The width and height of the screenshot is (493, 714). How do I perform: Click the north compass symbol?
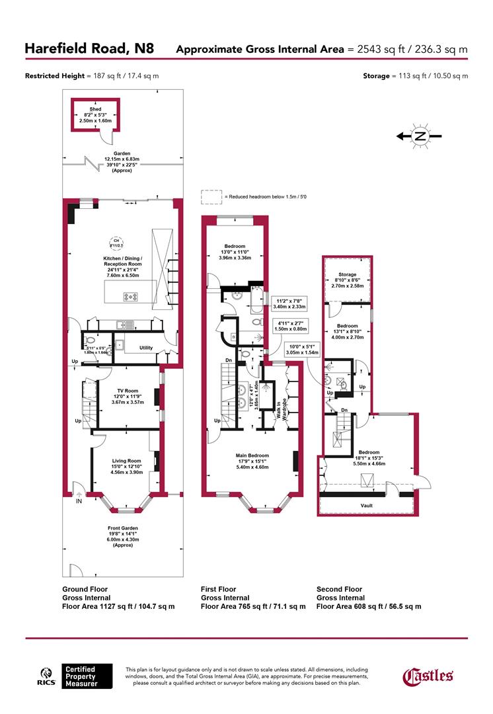click(419, 137)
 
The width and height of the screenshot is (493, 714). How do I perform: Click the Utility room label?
click(146, 347)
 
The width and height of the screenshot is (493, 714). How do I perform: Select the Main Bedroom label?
click(252, 456)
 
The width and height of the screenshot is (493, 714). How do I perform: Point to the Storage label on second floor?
click(348, 274)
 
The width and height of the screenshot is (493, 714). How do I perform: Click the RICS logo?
click(45, 678)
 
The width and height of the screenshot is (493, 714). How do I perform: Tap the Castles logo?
click(428, 676)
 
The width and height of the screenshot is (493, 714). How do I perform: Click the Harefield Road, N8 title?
click(89, 48)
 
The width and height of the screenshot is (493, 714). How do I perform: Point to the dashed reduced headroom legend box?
click(211, 197)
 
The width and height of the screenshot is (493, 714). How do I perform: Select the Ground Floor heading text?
click(85, 589)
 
